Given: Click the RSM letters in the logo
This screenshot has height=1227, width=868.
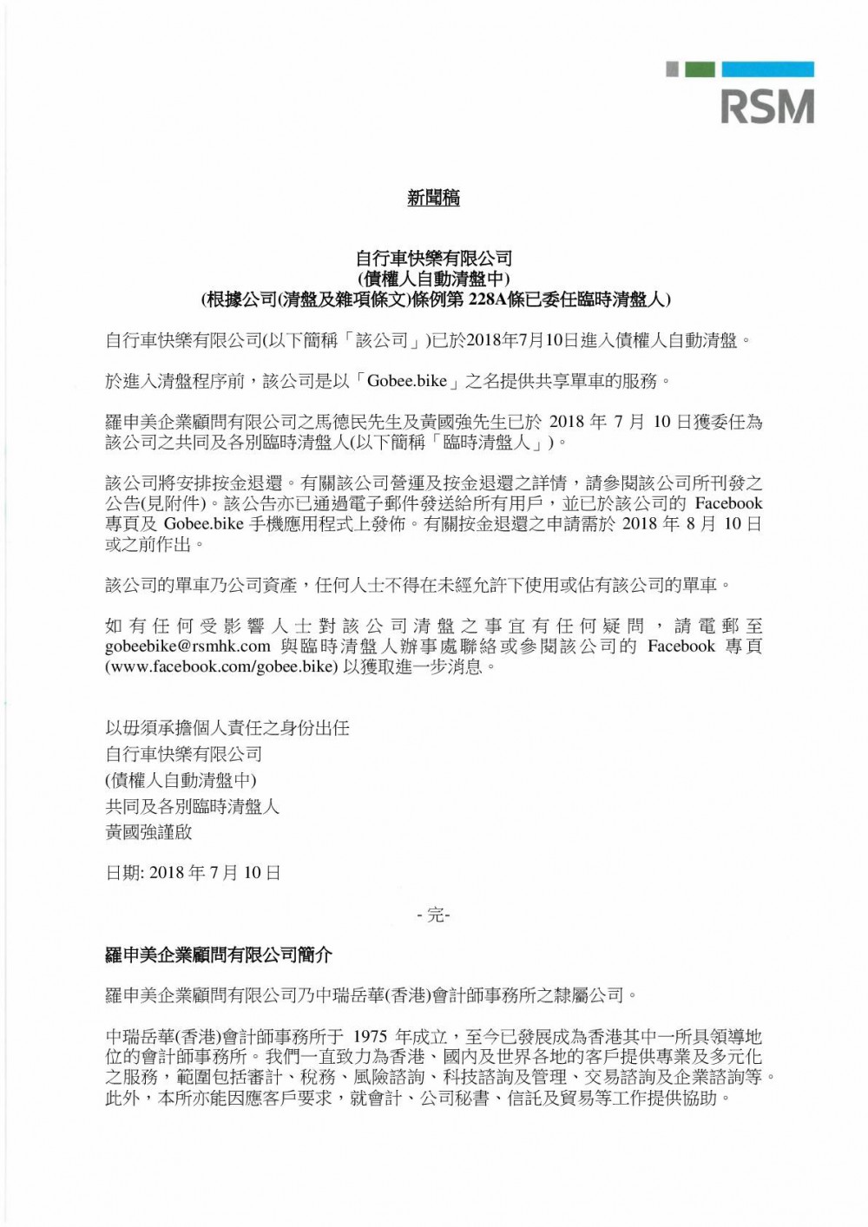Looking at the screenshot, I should click(767, 107).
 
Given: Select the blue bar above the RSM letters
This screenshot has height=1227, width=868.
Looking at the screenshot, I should click(767, 69).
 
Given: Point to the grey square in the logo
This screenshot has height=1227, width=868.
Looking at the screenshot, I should click(672, 69).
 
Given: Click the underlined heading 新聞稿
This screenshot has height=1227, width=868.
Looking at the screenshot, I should click(433, 198).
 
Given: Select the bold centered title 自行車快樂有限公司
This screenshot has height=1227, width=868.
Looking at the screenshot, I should click(434, 258).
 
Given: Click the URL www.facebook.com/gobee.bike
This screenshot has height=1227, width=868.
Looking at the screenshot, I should click(220, 667).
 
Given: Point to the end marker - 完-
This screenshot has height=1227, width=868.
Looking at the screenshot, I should click(433, 915).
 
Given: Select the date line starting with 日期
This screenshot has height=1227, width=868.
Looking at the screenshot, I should click(193, 872).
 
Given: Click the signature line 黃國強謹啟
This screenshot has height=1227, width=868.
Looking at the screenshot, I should click(148, 832).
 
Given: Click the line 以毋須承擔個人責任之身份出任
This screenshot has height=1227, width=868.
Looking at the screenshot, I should click(227, 727).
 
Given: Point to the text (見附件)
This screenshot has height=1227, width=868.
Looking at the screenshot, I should click(181, 503).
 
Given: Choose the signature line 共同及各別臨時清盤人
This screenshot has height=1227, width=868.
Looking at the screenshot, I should click(193, 806).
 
